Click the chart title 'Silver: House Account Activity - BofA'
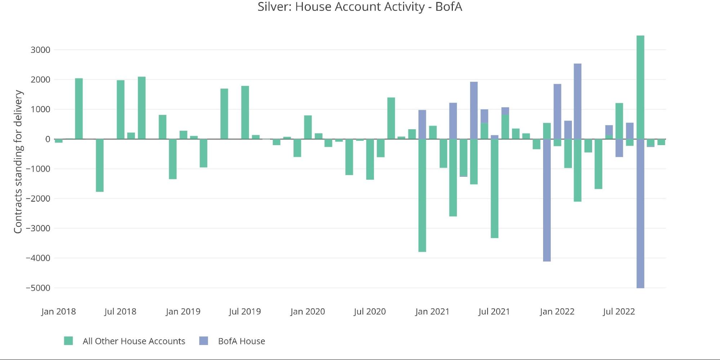coord(359,7)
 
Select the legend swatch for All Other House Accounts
coord(68,341)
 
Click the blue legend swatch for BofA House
coord(204,341)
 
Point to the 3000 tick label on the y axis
coord(40,50)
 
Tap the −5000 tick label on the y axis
coord(38,288)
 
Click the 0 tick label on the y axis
coord(48,139)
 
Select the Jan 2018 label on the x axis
coord(58,312)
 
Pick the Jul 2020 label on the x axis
coord(370,312)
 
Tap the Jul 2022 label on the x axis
coord(619,312)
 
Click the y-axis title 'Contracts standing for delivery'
coord(18,162)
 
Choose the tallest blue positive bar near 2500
coord(577,101)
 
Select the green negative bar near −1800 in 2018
coord(100,165)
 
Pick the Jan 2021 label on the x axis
coord(432,312)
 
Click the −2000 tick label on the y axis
coord(38,199)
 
